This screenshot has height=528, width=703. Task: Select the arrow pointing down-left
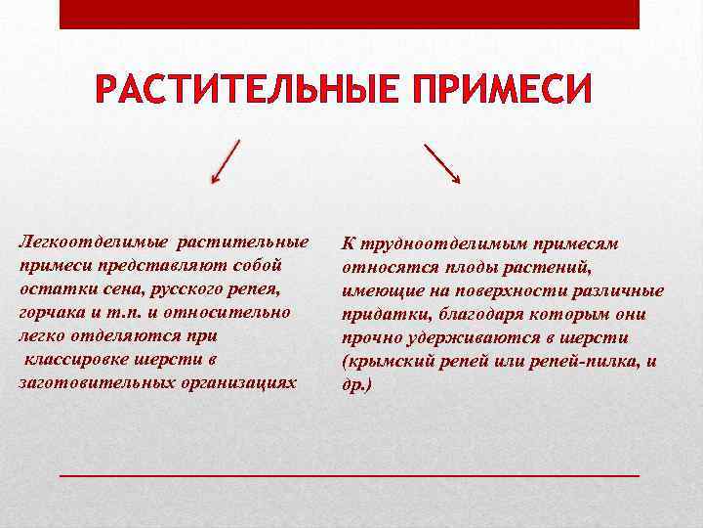pyautogui.click(x=226, y=162)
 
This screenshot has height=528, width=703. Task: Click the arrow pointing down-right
pyautogui.click(x=443, y=163)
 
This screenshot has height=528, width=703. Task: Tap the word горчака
pyautogui.click(x=51, y=312)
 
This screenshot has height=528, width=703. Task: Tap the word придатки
pyautogui.click(x=377, y=314)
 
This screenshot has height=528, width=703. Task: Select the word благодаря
pyautogui.click(x=465, y=314)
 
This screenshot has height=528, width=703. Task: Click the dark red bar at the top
pyautogui.click(x=350, y=14)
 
